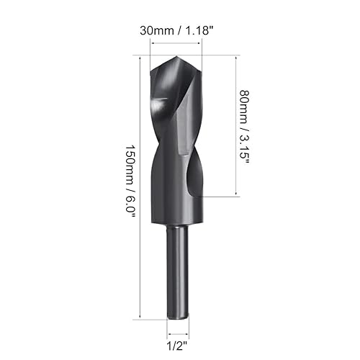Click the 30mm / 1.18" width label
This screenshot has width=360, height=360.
point(176,31)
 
